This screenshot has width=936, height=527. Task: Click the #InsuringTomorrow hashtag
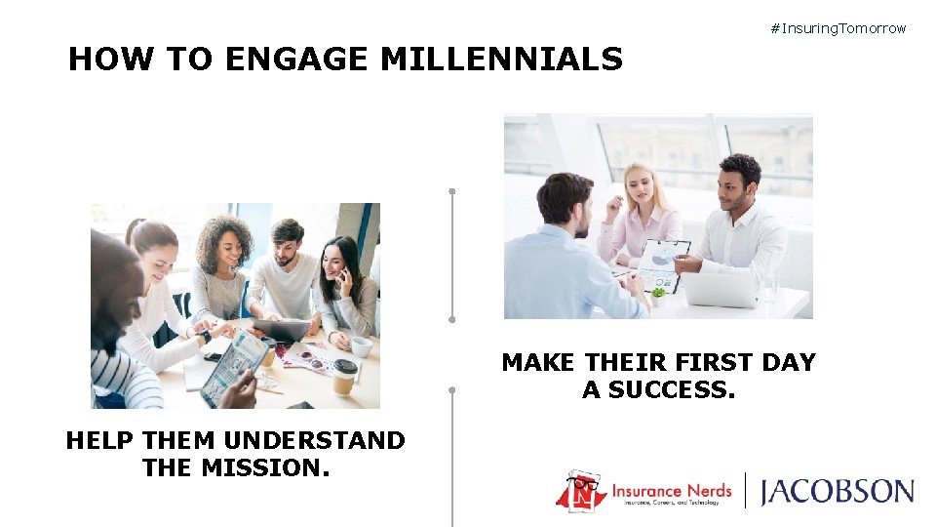838,28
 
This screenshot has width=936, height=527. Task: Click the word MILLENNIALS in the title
501,61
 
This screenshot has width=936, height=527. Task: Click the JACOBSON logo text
837,490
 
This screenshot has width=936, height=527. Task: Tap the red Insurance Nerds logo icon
582,491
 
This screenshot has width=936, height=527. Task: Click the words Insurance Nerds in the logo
672,486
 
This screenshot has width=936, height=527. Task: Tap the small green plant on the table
658,293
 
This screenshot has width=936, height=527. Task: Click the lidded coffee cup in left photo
344,376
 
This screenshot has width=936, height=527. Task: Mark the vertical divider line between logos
746,490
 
